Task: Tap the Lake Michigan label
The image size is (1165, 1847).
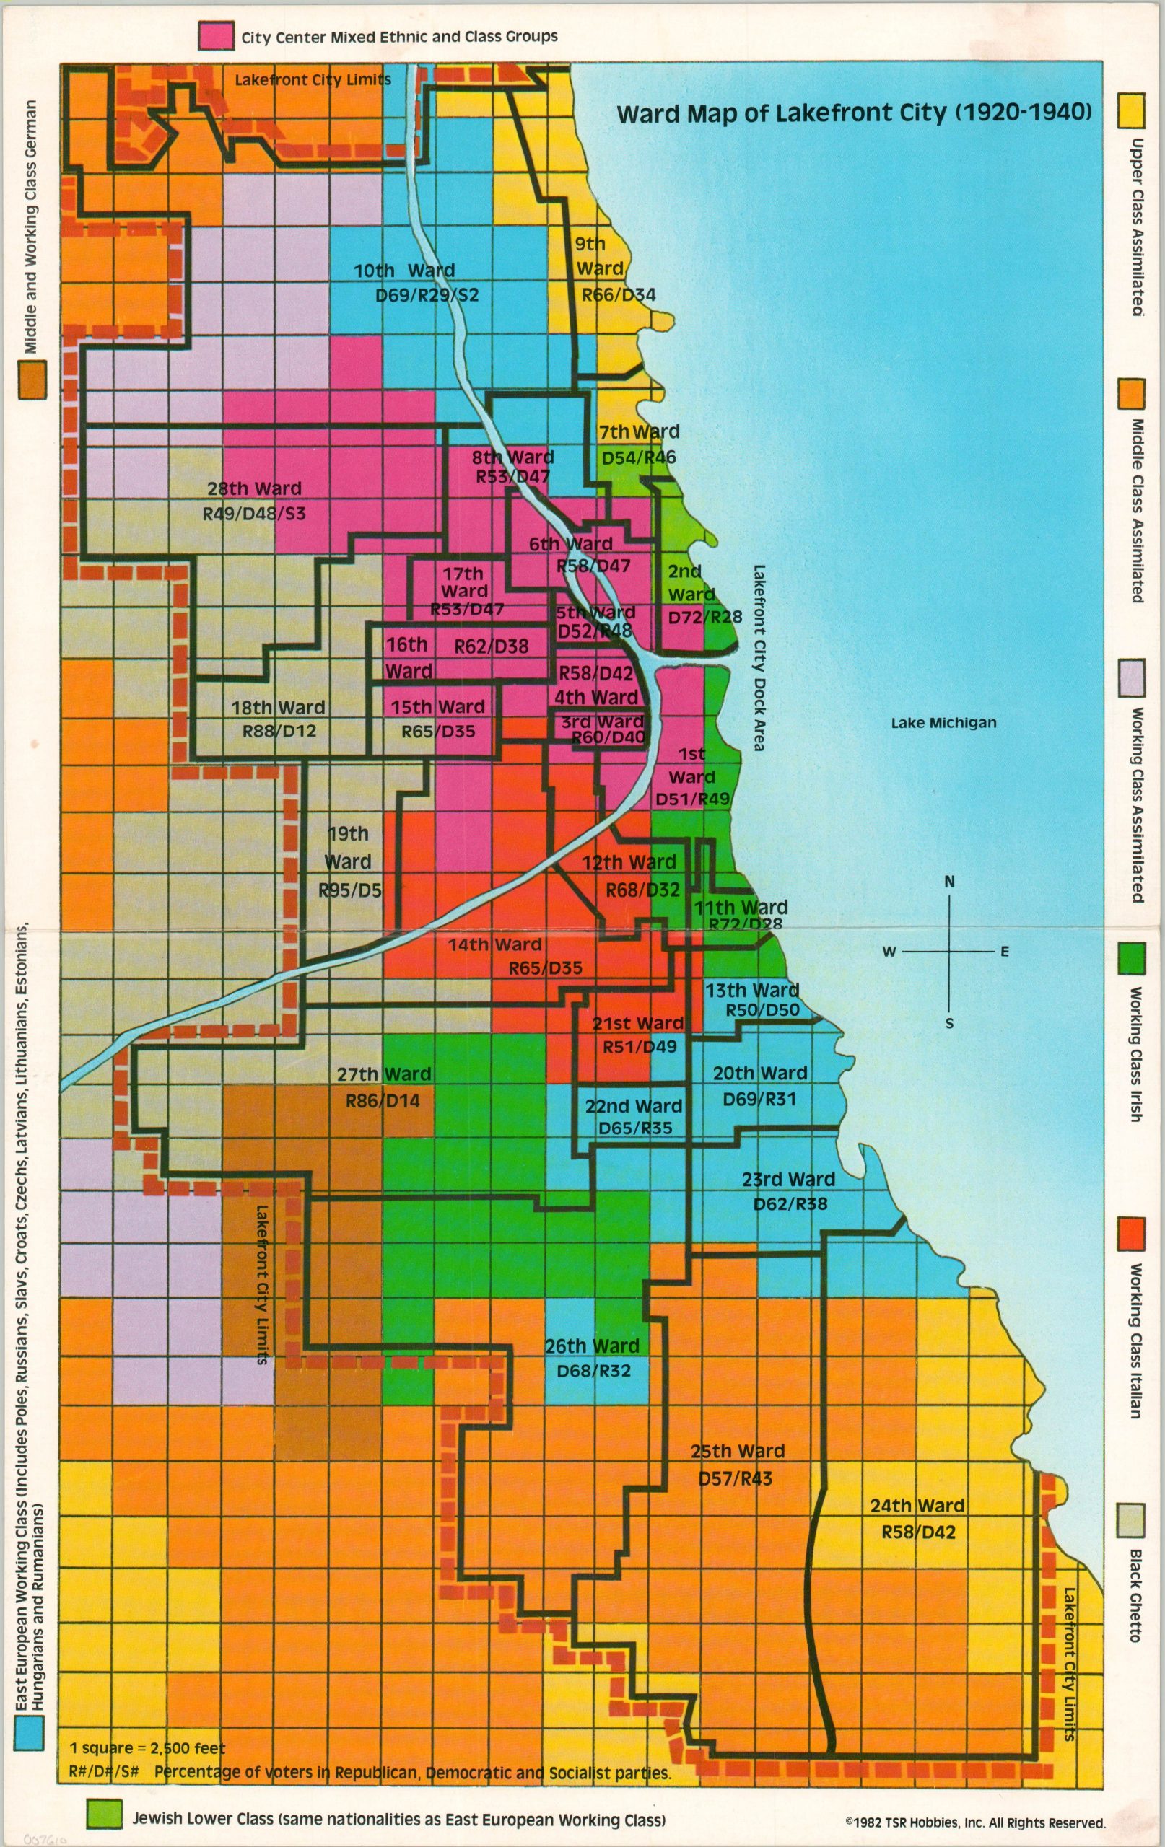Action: tap(943, 721)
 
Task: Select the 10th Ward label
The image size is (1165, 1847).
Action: tap(403, 270)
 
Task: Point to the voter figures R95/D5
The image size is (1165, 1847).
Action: tap(350, 890)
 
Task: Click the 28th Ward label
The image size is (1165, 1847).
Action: tap(254, 488)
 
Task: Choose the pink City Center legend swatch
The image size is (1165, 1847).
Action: tap(216, 35)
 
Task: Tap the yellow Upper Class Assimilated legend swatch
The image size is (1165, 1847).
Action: tap(1130, 110)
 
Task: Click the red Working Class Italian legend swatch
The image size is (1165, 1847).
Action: tap(1131, 1232)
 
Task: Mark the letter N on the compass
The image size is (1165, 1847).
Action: tap(949, 882)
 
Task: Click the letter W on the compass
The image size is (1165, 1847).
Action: tap(889, 952)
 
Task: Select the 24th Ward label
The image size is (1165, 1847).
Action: tap(917, 1505)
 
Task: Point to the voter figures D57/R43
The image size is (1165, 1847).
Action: tap(735, 1478)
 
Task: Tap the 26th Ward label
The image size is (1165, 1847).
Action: tap(592, 1346)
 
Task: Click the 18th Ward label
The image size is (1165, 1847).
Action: tap(278, 707)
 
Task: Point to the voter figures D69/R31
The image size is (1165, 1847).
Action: tap(759, 1098)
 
